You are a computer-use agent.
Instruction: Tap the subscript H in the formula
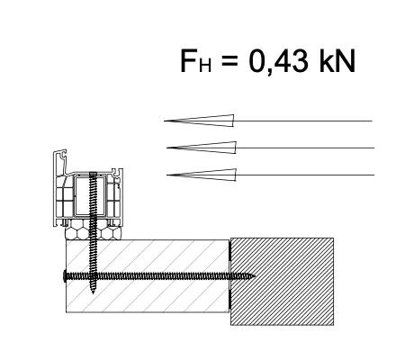coord(205,66)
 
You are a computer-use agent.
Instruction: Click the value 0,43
coord(278,61)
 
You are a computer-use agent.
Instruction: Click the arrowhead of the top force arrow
coord(199,121)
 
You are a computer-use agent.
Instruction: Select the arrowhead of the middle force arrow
coord(202,148)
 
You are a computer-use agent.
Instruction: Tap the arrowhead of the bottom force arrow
coord(202,175)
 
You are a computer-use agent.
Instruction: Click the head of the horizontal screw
coord(65,276)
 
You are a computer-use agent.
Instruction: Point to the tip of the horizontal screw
coord(255,276)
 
